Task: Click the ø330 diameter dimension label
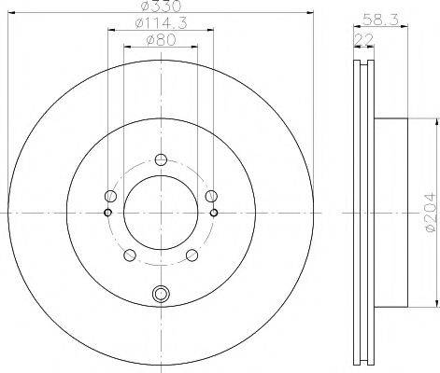[161, 7]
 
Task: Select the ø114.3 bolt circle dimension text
[161, 23]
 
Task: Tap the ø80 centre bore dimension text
[161, 40]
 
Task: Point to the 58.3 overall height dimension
[380, 21]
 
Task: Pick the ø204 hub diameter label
[431, 213]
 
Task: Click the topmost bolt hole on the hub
[161, 160]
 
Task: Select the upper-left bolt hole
[110, 196]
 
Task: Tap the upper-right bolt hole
[211, 196]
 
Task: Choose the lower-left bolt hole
[130, 256]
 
